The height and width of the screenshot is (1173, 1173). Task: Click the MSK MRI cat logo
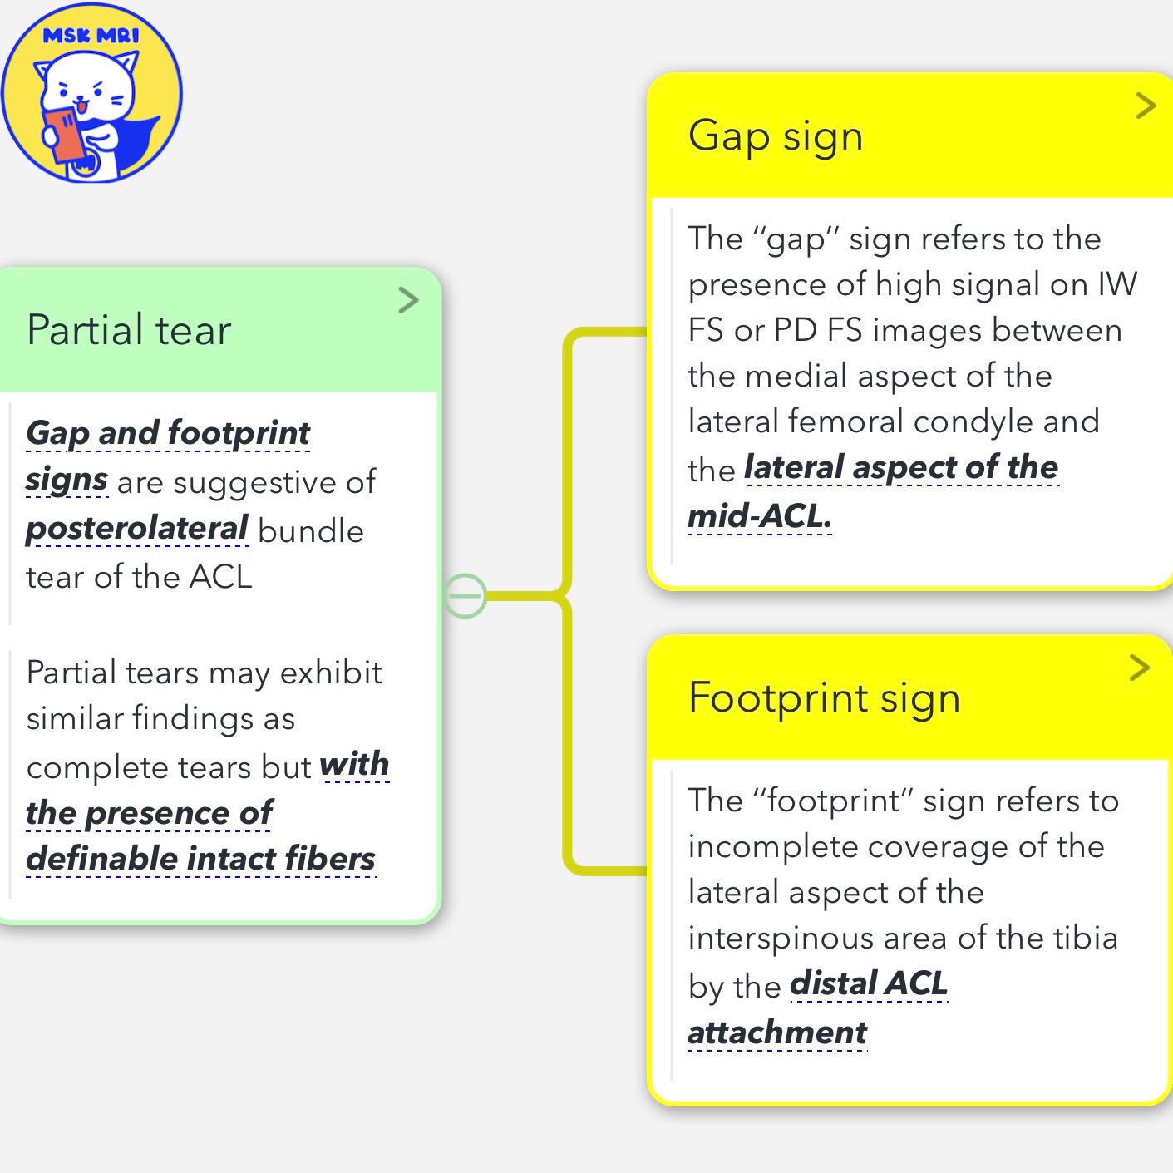point(91,92)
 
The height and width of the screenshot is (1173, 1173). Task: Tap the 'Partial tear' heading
point(129,330)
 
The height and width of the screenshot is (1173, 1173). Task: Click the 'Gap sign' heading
point(776,136)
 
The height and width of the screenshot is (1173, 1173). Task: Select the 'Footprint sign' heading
point(824,697)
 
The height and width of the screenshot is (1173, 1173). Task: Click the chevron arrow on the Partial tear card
point(408,300)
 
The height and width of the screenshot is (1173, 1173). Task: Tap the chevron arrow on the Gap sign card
point(1146,106)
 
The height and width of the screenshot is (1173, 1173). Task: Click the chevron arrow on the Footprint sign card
point(1140,667)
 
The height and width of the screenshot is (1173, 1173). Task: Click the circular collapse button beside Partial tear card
point(466,595)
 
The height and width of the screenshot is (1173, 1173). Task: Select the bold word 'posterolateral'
point(137,529)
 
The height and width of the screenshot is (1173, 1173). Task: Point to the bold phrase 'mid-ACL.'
point(759,516)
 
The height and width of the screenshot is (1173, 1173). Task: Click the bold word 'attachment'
point(777,1033)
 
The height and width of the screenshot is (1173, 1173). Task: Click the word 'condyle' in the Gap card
point(977,422)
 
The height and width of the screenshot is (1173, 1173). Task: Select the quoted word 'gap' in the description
point(795,240)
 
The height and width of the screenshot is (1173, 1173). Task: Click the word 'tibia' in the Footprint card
point(1086,938)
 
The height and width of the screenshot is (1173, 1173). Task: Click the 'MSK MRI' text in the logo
point(91,36)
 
